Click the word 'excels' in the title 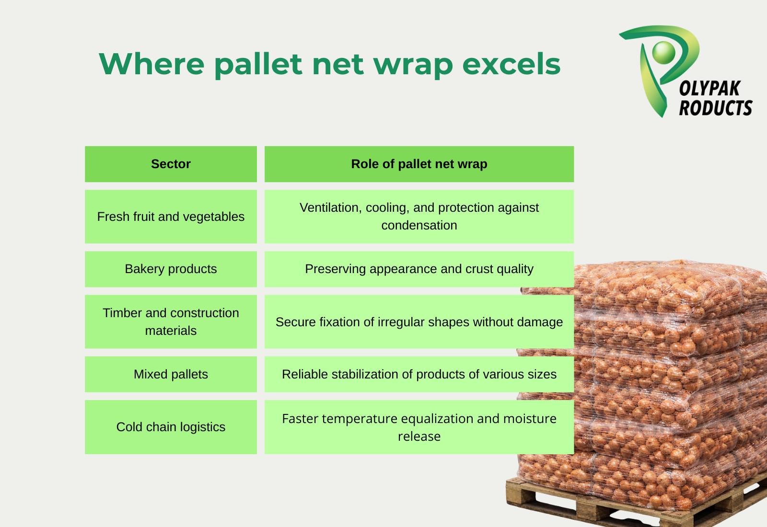point(511,64)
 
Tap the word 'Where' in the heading point(151,64)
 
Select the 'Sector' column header point(171,164)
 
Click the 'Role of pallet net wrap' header point(419,164)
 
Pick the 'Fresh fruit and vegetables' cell point(171,217)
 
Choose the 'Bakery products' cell point(171,269)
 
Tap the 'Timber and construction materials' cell point(171,321)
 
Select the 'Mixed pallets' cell point(171,374)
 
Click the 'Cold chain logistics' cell point(171,427)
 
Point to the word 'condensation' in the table point(419,226)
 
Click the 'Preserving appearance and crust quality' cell point(419,269)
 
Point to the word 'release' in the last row point(419,436)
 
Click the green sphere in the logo point(663,52)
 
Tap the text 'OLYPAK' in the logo point(710,89)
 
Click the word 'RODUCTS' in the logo point(716,108)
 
